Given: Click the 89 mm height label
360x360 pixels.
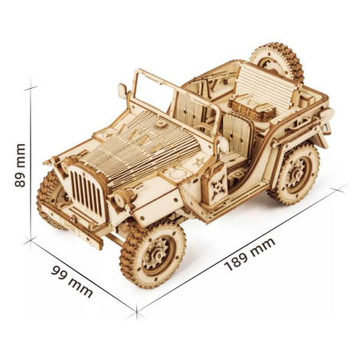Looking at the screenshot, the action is pyautogui.click(x=20, y=165).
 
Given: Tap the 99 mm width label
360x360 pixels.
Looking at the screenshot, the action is pyautogui.click(x=72, y=281).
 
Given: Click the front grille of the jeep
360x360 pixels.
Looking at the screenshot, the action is pyautogui.click(x=86, y=189).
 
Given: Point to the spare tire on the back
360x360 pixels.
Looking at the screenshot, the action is pyautogui.click(x=278, y=63).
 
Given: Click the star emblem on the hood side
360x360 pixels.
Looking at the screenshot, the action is pyautogui.click(x=198, y=162).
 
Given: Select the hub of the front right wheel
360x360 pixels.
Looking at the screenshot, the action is pyautogui.click(x=156, y=254).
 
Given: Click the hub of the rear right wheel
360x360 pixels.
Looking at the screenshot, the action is pyautogui.click(x=296, y=173).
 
